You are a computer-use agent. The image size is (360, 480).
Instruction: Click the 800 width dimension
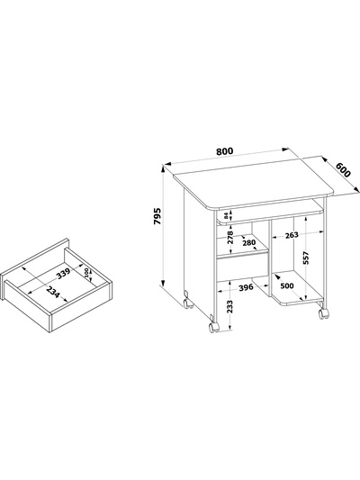[x=224, y=151]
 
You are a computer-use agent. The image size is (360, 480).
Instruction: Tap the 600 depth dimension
[x=343, y=169]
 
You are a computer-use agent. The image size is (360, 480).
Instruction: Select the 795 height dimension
[x=157, y=216]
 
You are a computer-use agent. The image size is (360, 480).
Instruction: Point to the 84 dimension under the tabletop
[x=226, y=216]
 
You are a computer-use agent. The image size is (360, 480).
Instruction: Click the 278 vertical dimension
[x=230, y=237]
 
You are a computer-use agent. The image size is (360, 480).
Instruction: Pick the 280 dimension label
[x=248, y=243]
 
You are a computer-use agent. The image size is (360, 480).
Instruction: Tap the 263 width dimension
[x=292, y=235]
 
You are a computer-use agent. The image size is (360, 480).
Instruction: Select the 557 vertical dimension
[x=307, y=258]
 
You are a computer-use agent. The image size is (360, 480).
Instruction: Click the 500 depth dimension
[x=287, y=285]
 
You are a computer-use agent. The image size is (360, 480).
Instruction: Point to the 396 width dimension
[x=246, y=287]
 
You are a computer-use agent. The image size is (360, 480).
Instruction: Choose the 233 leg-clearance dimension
[x=230, y=306]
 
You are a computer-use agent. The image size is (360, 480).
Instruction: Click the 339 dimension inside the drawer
[x=64, y=273]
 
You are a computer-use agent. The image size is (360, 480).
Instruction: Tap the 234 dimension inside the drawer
[x=52, y=292]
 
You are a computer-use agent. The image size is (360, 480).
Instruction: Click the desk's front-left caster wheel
[x=213, y=326]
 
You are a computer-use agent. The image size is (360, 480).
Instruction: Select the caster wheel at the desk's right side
[x=324, y=312]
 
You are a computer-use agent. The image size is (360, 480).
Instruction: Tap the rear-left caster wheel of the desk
[x=187, y=303]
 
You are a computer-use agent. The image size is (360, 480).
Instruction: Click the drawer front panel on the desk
[x=242, y=266]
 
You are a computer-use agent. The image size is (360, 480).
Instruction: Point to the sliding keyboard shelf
[x=270, y=215]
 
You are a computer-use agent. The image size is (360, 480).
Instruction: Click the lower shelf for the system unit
[x=297, y=289]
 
